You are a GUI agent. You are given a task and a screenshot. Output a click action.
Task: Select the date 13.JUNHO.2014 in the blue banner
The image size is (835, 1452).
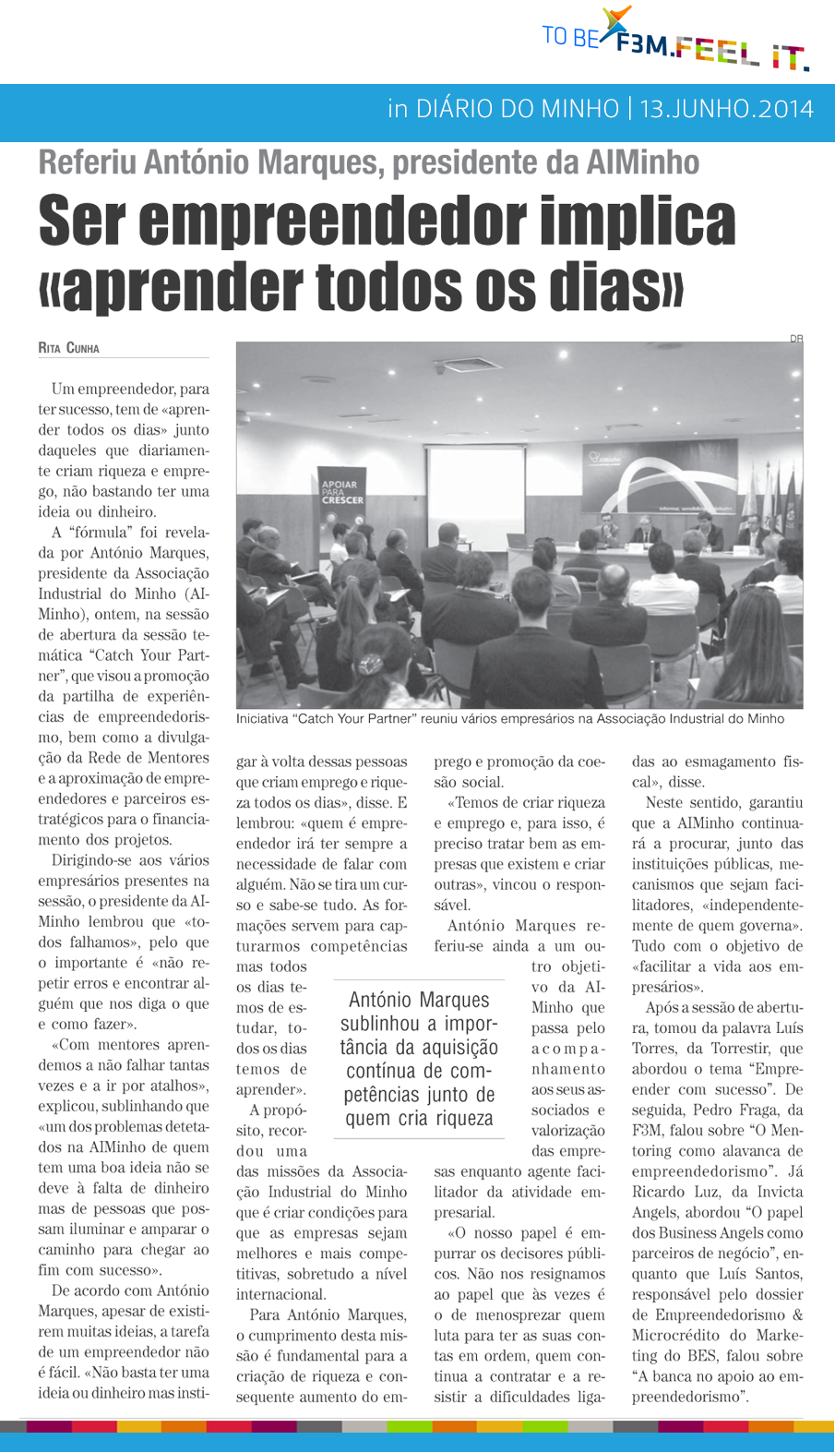(x=726, y=109)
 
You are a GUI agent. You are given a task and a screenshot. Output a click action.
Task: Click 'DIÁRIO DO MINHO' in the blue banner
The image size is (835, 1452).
(x=517, y=109)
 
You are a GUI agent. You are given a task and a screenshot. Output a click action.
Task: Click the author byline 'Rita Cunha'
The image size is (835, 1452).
(x=68, y=349)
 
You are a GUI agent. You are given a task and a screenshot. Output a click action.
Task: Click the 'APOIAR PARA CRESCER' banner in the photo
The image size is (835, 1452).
(x=340, y=490)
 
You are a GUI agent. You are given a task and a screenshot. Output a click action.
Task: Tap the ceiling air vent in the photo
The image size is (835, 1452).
(x=468, y=364)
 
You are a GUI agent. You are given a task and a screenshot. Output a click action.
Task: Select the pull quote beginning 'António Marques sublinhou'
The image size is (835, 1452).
(x=419, y=1059)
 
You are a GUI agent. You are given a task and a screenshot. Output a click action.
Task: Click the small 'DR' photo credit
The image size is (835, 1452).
(x=795, y=339)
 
